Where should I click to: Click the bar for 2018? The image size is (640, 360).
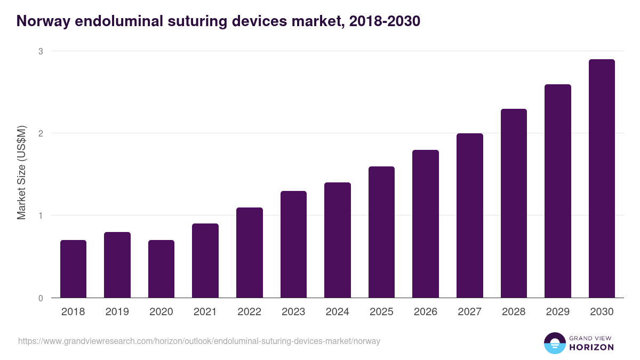(73, 269)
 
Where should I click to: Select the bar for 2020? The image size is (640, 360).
(161, 269)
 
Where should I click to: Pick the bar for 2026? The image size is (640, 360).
(426, 224)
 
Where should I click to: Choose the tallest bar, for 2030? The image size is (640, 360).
(602, 179)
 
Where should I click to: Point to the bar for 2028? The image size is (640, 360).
(514, 203)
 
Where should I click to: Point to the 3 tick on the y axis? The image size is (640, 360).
(40, 51)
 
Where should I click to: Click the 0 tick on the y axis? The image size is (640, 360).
(40, 298)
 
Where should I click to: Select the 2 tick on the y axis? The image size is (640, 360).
(40, 133)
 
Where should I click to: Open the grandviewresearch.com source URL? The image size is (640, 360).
(199, 341)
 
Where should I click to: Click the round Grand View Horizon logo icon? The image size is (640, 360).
(554, 343)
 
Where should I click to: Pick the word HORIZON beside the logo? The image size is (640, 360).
(591, 347)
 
